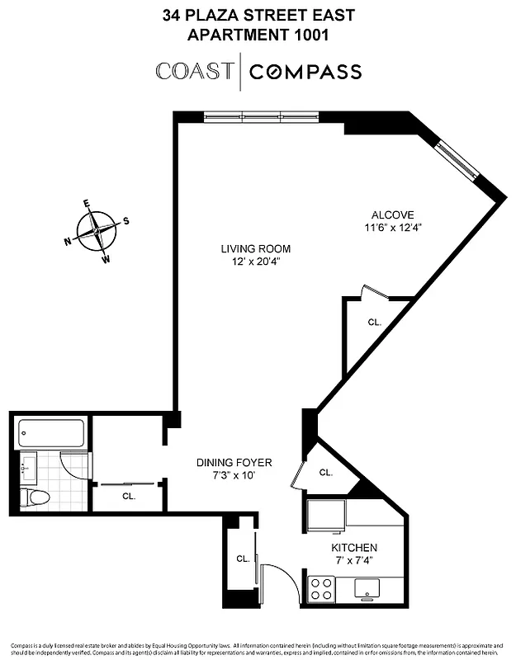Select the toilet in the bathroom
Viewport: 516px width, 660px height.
(x=36, y=497)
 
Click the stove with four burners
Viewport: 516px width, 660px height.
(x=321, y=588)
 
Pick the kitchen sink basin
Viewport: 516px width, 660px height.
(x=367, y=588)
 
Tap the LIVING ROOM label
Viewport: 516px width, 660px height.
(x=255, y=248)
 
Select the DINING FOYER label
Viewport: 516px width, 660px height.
(x=234, y=463)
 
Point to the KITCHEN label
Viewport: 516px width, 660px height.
(x=354, y=548)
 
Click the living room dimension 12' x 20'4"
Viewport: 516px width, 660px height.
(x=255, y=262)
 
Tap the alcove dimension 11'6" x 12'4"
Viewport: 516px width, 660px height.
(x=394, y=228)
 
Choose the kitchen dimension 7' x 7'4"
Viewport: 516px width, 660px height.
(x=354, y=561)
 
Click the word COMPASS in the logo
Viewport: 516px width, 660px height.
(x=305, y=72)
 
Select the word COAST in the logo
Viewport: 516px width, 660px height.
(x=194, y=72)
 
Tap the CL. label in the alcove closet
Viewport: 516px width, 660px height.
(x=374, y=323)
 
